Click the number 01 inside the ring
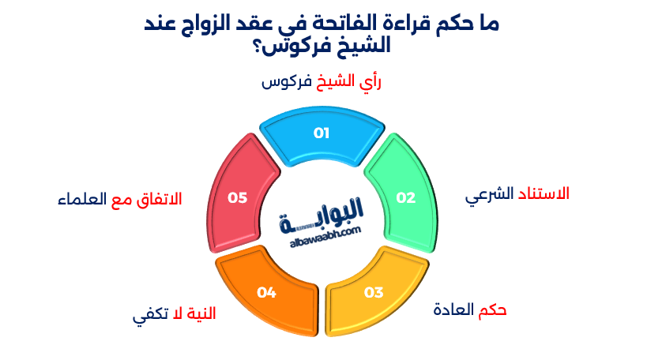(321, 133)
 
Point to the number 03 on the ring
(373, 293)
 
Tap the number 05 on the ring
(238, 197)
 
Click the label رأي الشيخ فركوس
(321, 83)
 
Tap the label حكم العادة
(469, 309)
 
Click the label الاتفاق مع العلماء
(119, 198)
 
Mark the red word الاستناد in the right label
(544, 193)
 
